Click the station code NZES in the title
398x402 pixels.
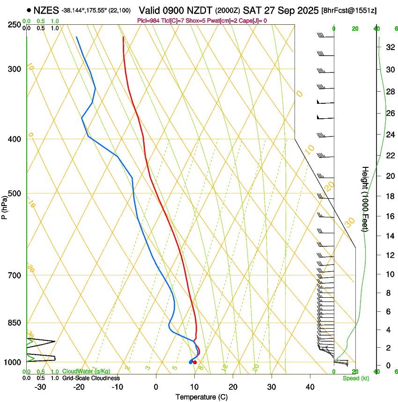coord(46,10)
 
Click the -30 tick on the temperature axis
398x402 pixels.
coord(40,387)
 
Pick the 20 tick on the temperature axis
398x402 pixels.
coord(233,387)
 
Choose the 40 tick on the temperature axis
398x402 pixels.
coord(310,387)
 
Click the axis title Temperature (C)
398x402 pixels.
coord(201,397)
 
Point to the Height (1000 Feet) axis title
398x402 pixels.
coord(365,199)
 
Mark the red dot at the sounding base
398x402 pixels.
coord(195,362)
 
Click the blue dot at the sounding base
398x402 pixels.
coord(191,362)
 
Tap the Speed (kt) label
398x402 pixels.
coord(356,378)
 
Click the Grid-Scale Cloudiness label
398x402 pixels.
coord(91,378)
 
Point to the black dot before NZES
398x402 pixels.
coord(29,10)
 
